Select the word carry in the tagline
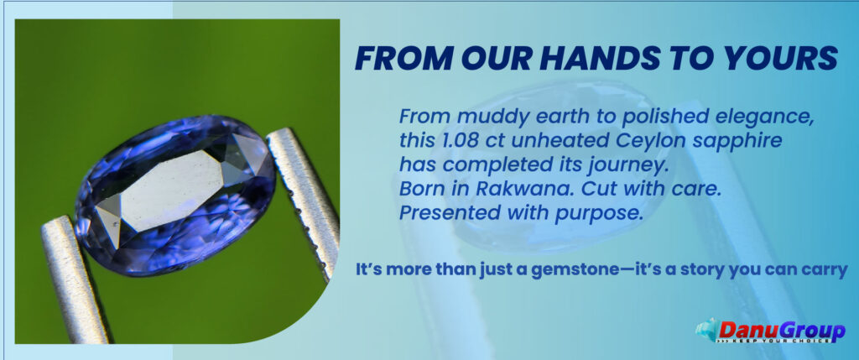pyautogui.click(x=825, y=272)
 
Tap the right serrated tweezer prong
pyautogui.click(x=305, y=201)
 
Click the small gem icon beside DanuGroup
pyautogui.click(x=705, y=329)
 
